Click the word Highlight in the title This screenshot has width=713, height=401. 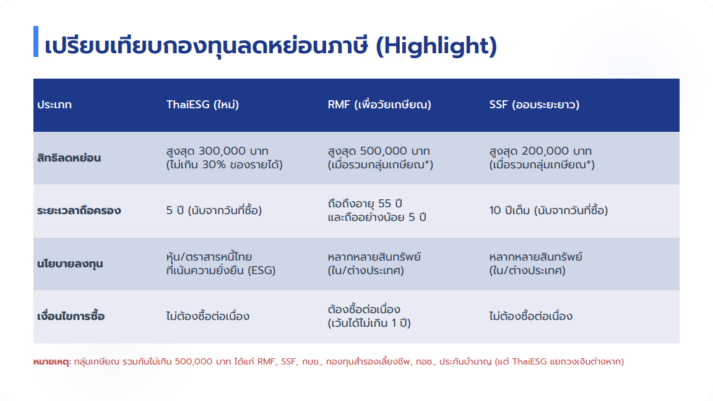tap(436, 46)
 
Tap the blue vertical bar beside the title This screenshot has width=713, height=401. tap(36, 41)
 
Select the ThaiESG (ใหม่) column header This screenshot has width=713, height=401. tap(202, 105)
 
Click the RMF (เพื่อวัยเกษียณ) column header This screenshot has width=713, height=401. tap(379, 105)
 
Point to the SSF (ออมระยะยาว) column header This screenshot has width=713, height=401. tap(534, 105)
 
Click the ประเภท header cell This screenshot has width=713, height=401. tap(54, 105)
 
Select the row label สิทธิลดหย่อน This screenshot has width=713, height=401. tap(69, 158)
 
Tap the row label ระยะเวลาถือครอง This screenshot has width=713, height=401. tap(79, 210)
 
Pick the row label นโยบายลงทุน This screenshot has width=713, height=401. tap(70, 264)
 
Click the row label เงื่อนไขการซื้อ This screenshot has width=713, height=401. tap(71, 316)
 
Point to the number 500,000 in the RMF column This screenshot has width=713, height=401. tap(383, 151)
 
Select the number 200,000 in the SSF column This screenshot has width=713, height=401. tap(545, 151)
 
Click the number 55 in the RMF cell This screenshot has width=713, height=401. tap(384, 204)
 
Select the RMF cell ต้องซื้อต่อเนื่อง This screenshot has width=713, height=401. tap(364, 309)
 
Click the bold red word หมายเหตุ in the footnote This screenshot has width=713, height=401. tap(52, 362)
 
